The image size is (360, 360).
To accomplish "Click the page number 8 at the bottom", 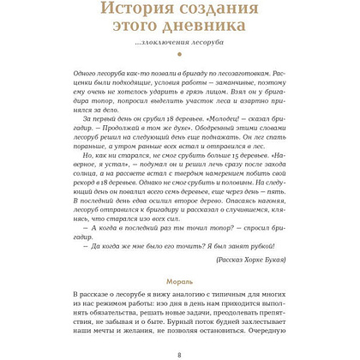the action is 179,355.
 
